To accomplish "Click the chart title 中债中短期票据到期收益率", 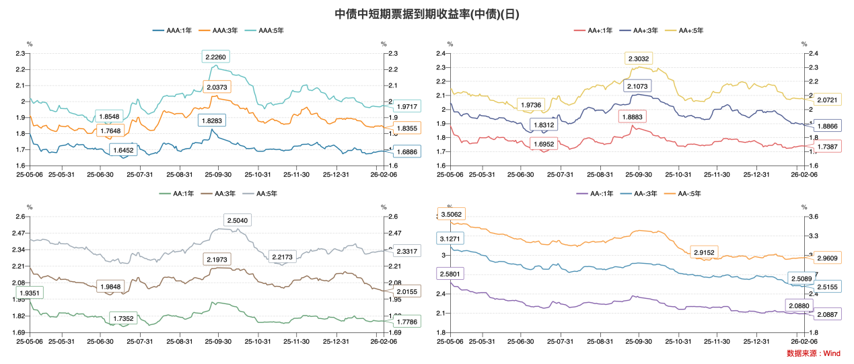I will coord(427,13).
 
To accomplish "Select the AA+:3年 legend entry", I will coord(642,30).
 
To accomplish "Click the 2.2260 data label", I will coord(216,57).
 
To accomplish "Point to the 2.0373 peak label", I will coord(216,87).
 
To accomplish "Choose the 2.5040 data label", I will coord(238,220).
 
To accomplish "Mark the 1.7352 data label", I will coord(123,318).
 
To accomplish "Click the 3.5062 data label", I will coord(450,215).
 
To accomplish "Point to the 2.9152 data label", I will coord(704,252).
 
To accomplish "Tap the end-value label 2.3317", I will coord(406,251).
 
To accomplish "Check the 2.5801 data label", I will coord(450,274).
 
